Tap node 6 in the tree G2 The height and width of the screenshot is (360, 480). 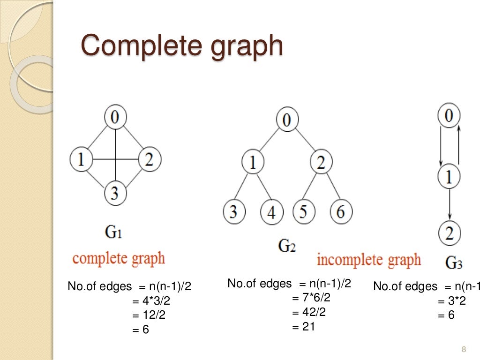340,212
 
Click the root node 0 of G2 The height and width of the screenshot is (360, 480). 287,120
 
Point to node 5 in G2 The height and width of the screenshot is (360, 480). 304,212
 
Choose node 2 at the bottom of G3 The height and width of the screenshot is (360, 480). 449,233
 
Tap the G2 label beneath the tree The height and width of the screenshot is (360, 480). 287,246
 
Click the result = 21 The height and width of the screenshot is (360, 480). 303,327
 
